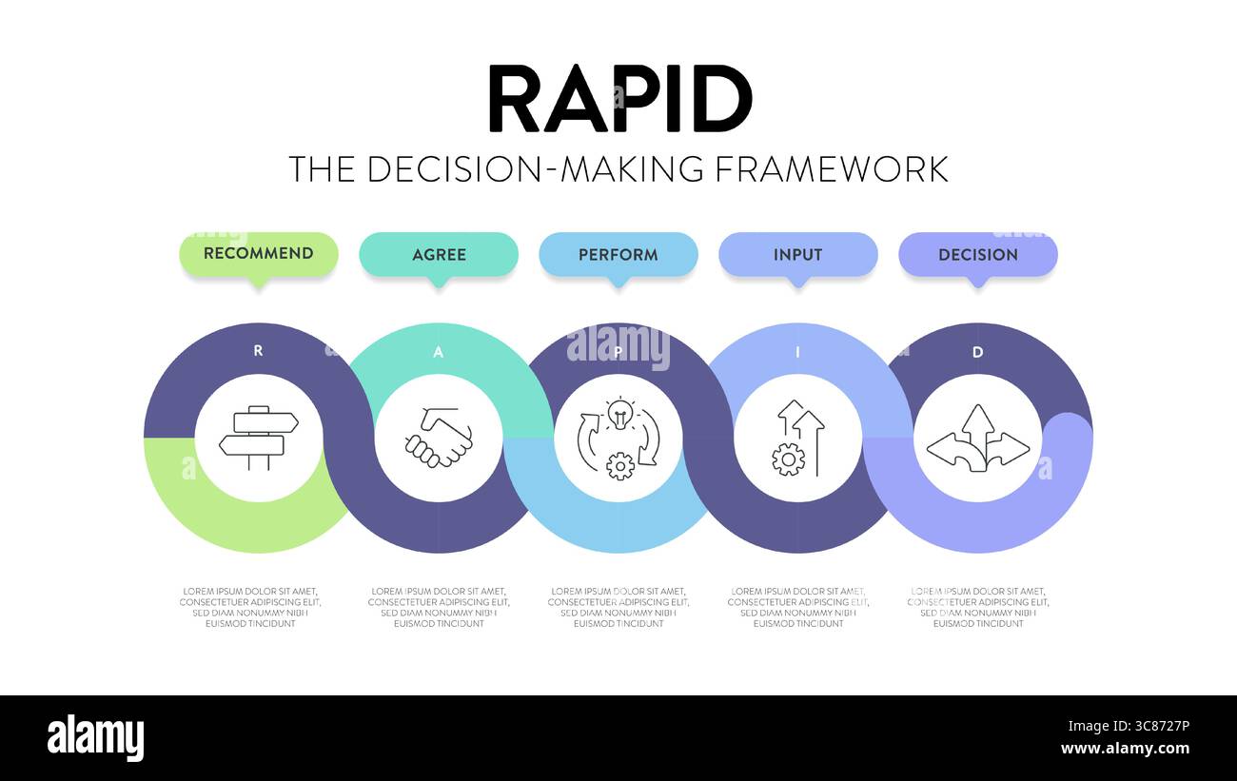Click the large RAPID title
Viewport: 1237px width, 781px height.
[x=619, y=99]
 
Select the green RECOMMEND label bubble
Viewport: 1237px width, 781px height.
[x=258, y=254]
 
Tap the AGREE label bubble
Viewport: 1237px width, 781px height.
[x=439, y=255]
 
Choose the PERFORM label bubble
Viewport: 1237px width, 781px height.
[x=618, y=255]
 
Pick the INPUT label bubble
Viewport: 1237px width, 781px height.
[x=797, y=255]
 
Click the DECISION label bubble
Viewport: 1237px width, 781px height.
[x=977, y=255]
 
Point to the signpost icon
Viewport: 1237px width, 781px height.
[x=258, y=438]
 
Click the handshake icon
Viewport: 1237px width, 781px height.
[x=439, y=439]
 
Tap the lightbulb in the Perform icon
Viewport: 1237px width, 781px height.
[x=619, y=415]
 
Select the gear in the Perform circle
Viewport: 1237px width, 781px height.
[x=619, y=465]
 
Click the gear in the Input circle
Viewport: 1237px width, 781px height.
[x=787, y=459]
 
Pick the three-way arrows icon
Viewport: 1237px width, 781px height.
[x=977, y=439]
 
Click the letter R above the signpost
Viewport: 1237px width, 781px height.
[x=258, y=351]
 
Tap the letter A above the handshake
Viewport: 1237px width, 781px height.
[x=438, y=352]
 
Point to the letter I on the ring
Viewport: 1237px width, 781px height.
[x=797, y=352]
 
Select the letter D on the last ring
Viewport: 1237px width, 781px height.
[x=977, y=352]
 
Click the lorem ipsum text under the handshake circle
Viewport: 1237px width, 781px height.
[x=439, y=607]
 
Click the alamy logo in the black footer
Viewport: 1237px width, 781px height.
[x=95, y=738]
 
